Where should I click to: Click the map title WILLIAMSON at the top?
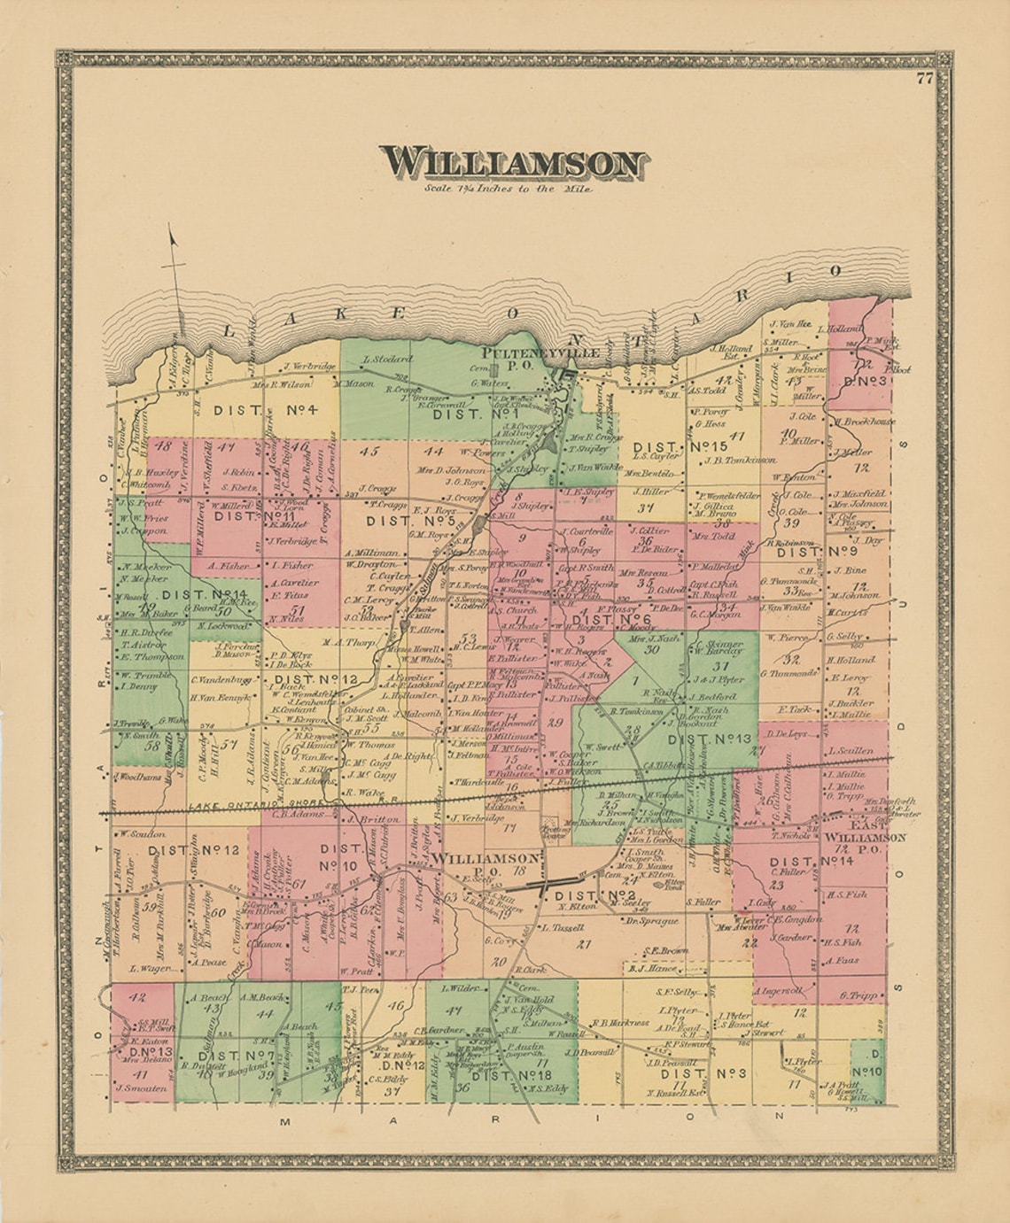click(x=514, y=165)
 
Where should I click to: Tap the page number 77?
click(x=925, y=78)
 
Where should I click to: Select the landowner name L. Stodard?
click(x=388, y=360)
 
